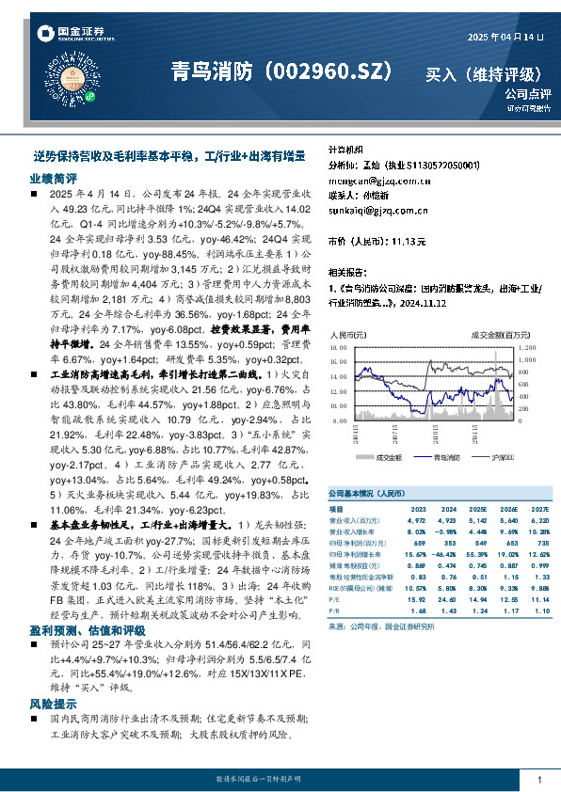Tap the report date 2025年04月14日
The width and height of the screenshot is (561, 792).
click(x=506, y=37)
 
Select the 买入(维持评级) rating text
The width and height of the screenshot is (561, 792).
click(x=483, y=73)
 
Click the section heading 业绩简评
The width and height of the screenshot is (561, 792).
click(x=51, y=177)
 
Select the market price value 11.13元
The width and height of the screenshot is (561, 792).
click(x=409, y=242)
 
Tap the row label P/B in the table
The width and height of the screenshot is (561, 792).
click(x=335, y=610)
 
